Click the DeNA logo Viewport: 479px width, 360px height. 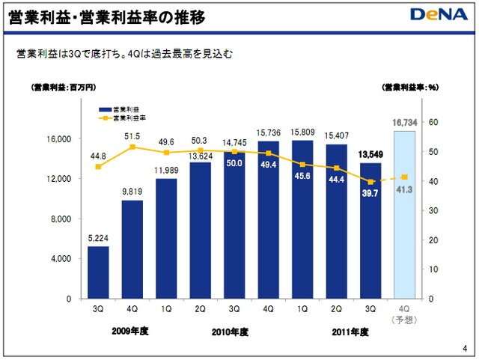[x=439, y=14]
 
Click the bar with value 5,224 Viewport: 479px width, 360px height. [x=98, y=272]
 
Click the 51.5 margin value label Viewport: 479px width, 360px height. [x=132, y=135]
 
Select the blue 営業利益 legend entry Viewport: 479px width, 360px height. [x=120, y=109]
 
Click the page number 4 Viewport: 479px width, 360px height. [x=466, y=349]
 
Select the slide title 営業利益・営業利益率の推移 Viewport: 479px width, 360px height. [x=105, y=15]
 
